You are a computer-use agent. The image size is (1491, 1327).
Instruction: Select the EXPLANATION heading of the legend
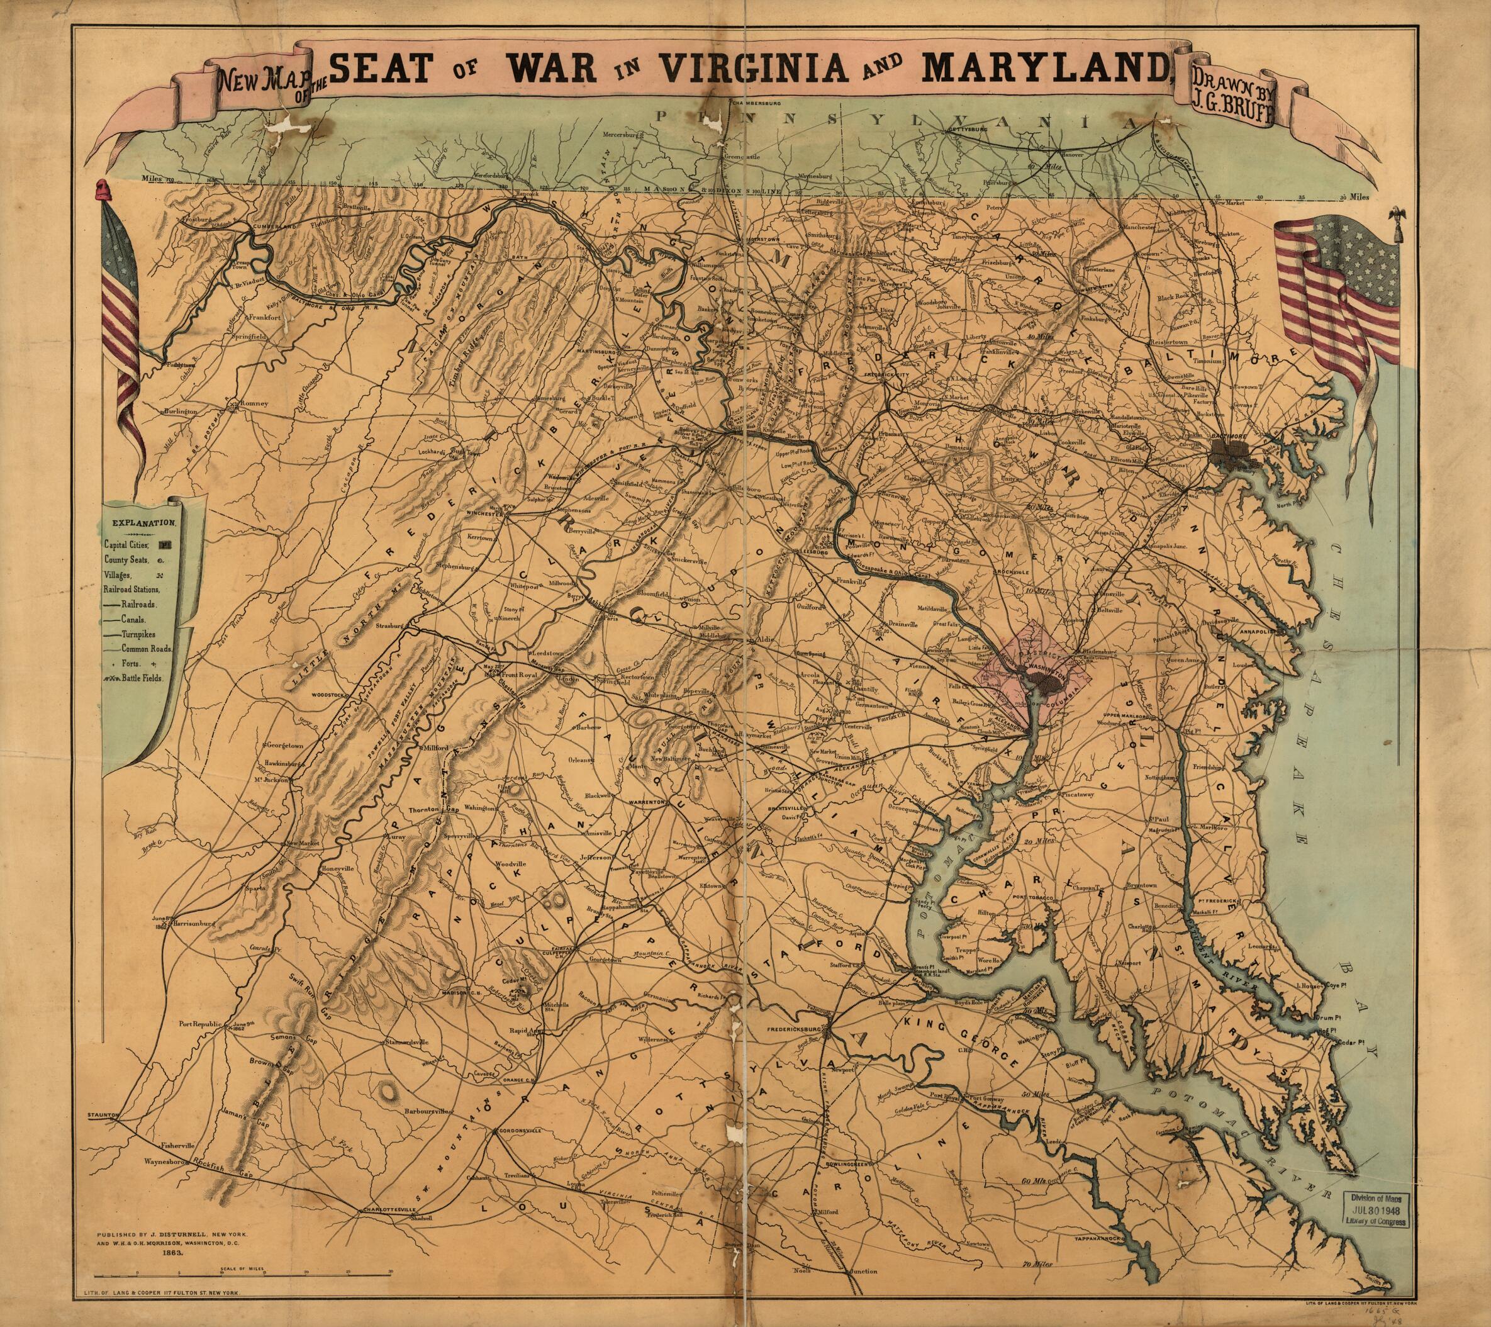click(x=143, y=522)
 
